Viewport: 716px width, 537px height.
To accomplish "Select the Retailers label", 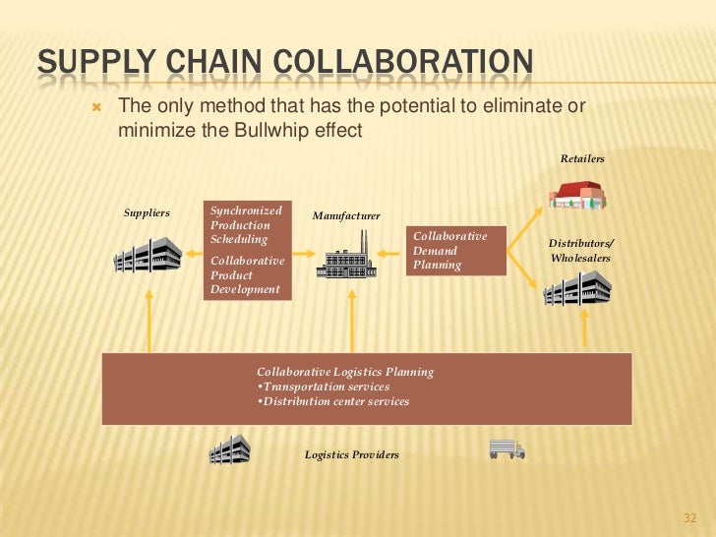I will coord(582,158).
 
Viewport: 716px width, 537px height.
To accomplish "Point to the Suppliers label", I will coord(147,212).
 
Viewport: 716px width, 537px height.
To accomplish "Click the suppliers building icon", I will coord(148,254).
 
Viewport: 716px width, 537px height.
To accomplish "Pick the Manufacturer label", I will coord(346,215).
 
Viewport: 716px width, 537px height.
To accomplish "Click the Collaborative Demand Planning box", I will coord(457,251).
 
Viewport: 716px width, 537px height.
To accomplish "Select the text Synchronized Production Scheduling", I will coord(247,225).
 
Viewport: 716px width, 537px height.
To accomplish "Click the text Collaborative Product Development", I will coord(247,275).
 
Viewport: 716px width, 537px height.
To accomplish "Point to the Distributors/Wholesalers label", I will coord(580,250).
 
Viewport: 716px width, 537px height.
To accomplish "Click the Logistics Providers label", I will coord(351,454).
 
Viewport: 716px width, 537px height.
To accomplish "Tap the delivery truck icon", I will coord(507,449).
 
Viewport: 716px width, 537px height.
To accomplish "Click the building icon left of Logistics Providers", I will coord(230,449).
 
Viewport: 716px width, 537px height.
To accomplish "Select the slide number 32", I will coord(688,518).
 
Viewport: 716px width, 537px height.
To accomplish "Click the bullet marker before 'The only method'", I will coord(95,106).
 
